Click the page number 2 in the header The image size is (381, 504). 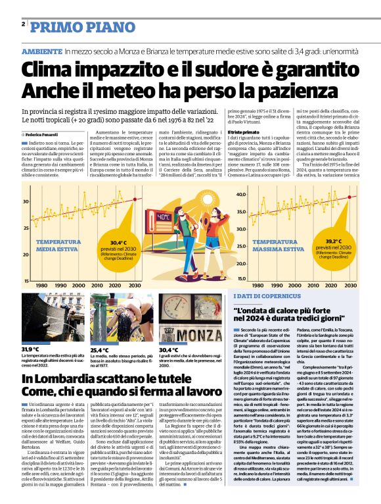(x=23, y=24)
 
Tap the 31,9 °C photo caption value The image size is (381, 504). (x=31, y=349)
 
